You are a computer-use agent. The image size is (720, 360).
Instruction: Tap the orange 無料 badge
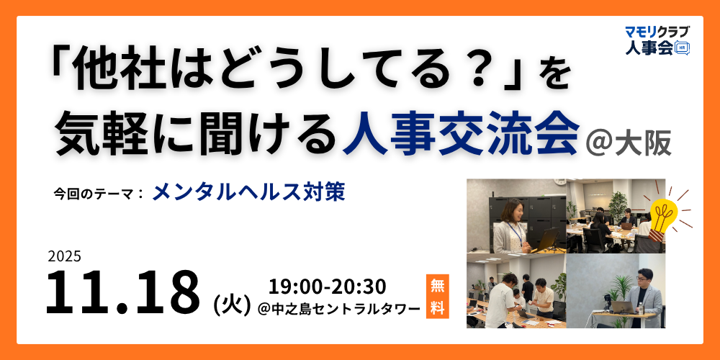tap(437, 296)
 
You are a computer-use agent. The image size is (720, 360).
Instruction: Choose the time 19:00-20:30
tap(327, 287)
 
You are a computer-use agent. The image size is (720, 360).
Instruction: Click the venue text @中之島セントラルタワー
tap(339, 310)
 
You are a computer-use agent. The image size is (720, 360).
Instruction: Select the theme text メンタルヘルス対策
tap(248, 193)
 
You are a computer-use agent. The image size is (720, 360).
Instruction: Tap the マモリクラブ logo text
tap(657, 32)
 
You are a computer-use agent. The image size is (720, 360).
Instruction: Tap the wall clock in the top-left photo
tap(559, 181)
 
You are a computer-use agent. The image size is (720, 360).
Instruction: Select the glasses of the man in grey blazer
tap(645, 277)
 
